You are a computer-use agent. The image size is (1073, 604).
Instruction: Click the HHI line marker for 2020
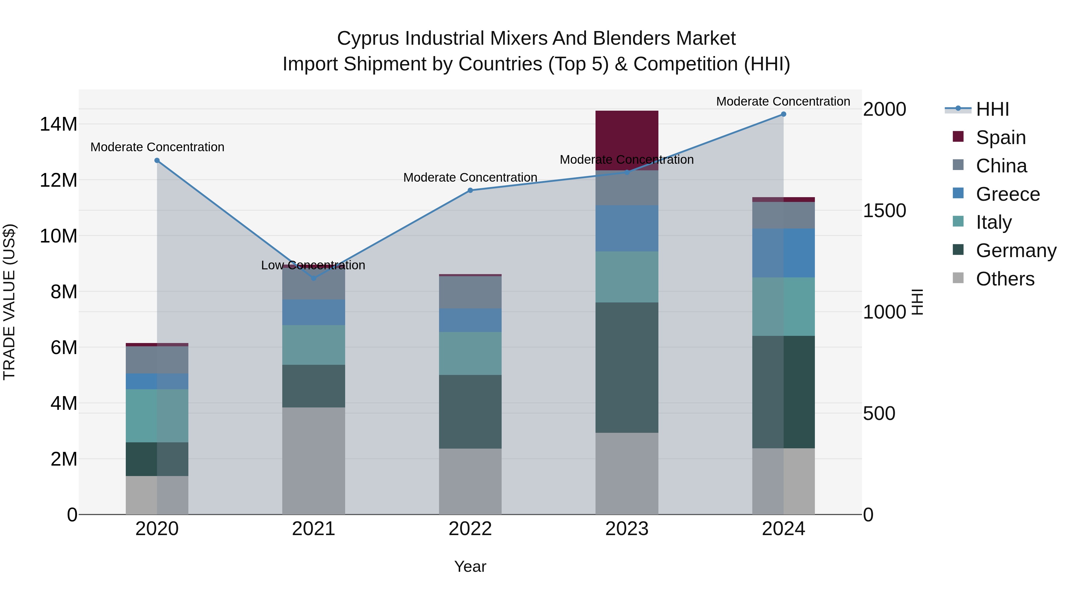click(x=157, y=160)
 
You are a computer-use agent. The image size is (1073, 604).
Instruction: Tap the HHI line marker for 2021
click(x=314, y=278)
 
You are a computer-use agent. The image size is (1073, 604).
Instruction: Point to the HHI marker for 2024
click(x=784, y=114)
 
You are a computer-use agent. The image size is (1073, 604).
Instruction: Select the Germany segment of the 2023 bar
click(x=627, y=367)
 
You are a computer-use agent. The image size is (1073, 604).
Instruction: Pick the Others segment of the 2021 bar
click(x=314, y=461)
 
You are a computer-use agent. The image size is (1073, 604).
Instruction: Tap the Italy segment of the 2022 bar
click(x=470, y=353)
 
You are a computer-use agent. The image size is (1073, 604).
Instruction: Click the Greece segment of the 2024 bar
click(x=784, y=253)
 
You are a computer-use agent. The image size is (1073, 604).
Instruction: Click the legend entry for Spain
click(x=1001, y=138)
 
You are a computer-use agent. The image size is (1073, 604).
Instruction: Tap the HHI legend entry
click(x=992, y=109)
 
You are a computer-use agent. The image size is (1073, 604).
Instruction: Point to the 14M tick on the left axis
click(x=58, y=124)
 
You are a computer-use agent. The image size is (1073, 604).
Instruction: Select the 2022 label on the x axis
click(x=470, y=529)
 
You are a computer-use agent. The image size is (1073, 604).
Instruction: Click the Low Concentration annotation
click(x=313, y=265)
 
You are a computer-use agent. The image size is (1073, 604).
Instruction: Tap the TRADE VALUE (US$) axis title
click(x=9, y=302)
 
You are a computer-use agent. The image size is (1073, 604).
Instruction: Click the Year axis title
click(x=470, y=566)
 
